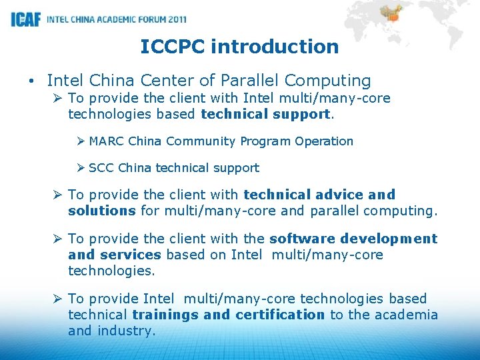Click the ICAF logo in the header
pos(26,19)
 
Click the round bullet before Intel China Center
pos(32,81)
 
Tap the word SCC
pos(101,168)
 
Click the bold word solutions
pos(101,211)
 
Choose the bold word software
pos(301,239)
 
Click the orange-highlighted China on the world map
pos(393,15)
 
